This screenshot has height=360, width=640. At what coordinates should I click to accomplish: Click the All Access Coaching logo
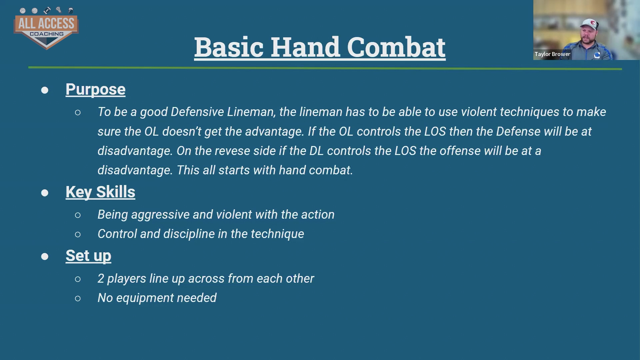[46, 28]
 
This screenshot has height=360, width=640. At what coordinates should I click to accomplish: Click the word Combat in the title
[396, 47]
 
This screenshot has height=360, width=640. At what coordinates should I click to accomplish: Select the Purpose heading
[95, 89]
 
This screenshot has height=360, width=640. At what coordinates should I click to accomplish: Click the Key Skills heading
[100, 192]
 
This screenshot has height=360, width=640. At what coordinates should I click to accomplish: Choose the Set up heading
[88, 256]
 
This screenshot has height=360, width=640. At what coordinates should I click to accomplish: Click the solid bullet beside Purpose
[45, 90]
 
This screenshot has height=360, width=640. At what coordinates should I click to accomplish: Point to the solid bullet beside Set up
[45, 256]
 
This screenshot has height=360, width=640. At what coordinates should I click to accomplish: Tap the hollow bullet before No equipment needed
[78, 298]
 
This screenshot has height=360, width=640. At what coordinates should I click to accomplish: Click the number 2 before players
[101, 279]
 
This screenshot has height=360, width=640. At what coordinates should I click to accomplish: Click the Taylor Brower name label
[552, 54]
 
